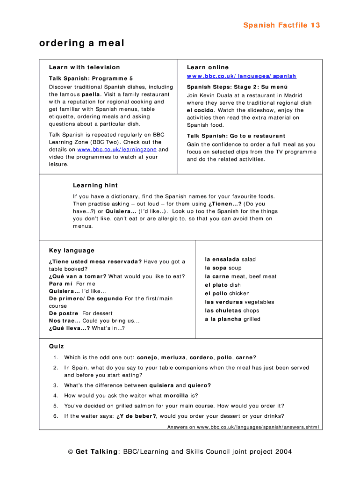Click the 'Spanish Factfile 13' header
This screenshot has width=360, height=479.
[x=281, y=25]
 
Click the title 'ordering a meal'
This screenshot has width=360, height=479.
[x=82, y=44]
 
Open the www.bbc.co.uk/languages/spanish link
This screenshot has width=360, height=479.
[x=241, y=76]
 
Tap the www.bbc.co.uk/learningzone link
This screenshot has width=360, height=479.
[x=117, y=150]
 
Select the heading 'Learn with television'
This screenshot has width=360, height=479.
[x=85, y=67]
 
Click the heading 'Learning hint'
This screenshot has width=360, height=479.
[x=95, y=185]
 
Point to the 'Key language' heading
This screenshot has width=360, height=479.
[x=72, y=251]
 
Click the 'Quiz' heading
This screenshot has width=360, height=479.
[x=56, y=347]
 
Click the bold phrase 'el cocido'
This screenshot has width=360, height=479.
[x=199, y=110]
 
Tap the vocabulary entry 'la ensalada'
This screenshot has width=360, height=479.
[x=222, y=259]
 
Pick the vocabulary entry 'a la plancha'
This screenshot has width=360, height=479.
[x=223, y=319]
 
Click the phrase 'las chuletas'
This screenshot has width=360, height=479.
[x=223, y=311]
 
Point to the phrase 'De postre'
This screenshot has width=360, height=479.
[x=64, y=313]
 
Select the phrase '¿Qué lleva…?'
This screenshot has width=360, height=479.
[x=69, y=328]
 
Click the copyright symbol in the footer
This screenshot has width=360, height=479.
[x=71, y=452]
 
